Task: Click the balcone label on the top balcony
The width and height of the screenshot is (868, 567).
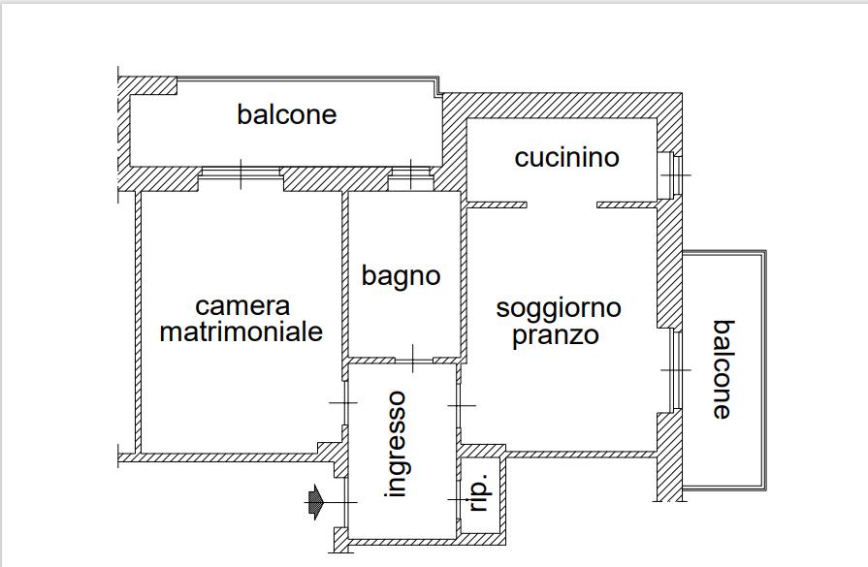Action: point(286,114)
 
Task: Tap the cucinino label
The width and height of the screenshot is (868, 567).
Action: point(566,157)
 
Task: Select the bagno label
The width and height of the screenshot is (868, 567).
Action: point(401,275)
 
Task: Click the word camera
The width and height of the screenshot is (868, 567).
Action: point(242,306)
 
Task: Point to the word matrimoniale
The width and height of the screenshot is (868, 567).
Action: point(241,331)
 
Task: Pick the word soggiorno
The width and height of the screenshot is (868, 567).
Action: point(559,308)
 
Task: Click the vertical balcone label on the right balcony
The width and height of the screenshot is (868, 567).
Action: point(723,369)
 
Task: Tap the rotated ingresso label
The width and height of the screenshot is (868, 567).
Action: point(395,444)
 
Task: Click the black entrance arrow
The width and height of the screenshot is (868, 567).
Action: point(316,501)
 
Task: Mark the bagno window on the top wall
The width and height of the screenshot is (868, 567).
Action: point(411,176)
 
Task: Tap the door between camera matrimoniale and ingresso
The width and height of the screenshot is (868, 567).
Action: point(343,402)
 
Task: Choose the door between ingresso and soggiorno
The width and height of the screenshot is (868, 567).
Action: point(459,403)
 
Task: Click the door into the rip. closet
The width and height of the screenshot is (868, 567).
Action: point(459,497)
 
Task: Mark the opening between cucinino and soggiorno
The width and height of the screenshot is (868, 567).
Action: point(562,205)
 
